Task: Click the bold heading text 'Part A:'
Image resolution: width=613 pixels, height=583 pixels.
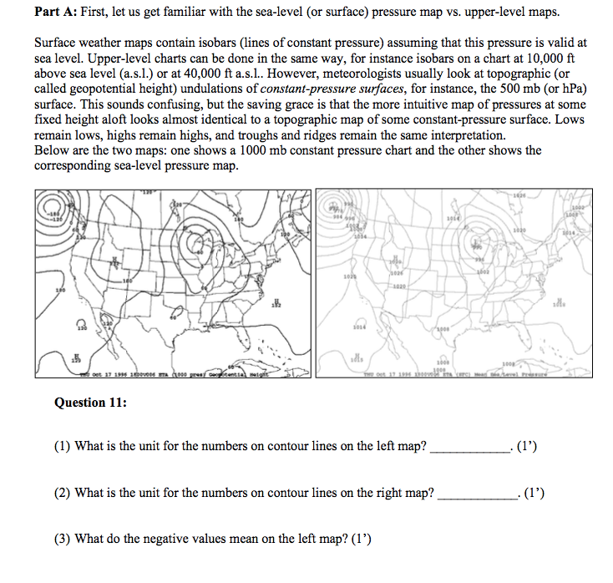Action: point(57,13)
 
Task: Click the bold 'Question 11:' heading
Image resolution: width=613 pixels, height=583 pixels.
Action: point(90,403)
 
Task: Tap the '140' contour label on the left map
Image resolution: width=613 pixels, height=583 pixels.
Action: point(238,219)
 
